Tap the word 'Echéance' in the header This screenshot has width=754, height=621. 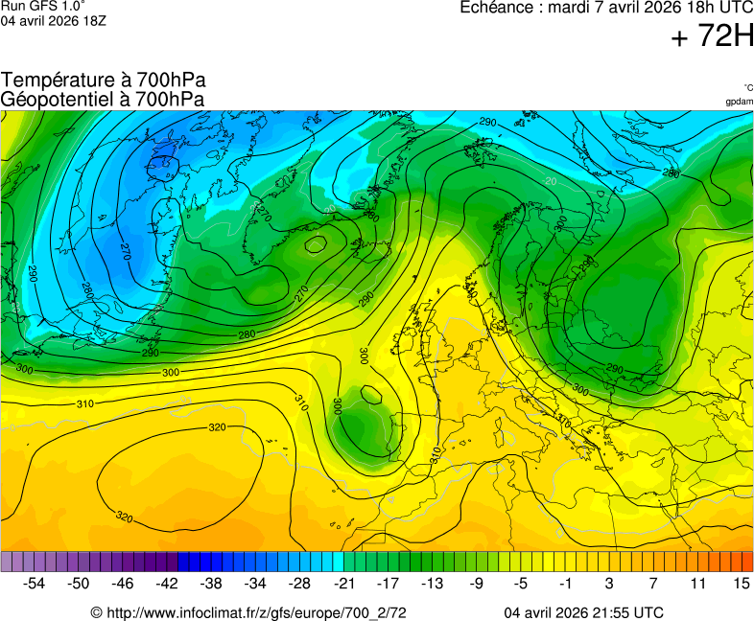click(x=497, y=8)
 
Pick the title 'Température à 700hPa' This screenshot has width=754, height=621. click(x=104, y=80)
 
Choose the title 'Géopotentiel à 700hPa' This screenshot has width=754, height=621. click(x=104, y=99)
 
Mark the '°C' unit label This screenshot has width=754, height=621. click(x=747, y=87)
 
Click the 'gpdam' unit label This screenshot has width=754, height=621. click(x=739, y=102)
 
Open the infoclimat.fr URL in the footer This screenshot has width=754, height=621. click(x=248, y=612)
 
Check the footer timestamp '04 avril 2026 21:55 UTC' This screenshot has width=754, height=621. click(x=584, y=612)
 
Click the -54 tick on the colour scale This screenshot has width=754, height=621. click(x=35, y=583)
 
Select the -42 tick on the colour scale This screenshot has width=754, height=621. click(x=167, y=583)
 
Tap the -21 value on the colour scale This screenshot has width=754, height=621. click(x=343, y=583)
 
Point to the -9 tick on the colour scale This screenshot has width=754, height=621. click(x=476, y=583)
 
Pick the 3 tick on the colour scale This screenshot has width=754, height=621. click(x=609, y=583)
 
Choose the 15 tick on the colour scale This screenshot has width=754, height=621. click(x=741, y=583)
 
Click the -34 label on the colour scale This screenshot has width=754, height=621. click(x=255, y=583)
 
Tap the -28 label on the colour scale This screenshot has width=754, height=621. click(x=299, y=583)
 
